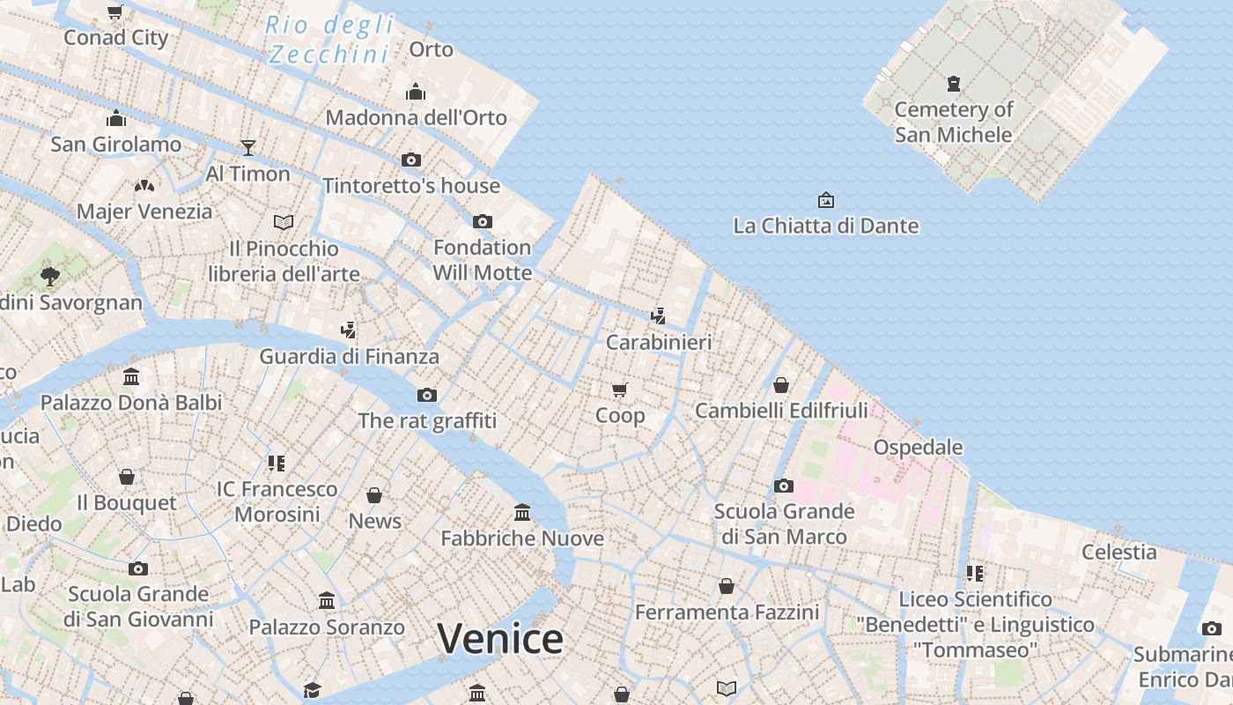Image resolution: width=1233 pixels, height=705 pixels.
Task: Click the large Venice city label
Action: (x=499, y=639)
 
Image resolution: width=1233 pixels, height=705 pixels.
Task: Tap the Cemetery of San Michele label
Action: (x=954, y=122)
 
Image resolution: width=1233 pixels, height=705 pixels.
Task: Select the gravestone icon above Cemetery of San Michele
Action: (x=953, y=84)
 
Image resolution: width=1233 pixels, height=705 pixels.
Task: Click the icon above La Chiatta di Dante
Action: (x=825, y=200)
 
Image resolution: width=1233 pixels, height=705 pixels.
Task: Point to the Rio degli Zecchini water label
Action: (x=329, y=40)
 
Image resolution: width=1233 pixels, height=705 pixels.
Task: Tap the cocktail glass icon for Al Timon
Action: (x=248, y=147)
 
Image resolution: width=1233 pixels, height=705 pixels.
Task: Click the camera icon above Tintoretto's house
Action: (x=410, y=160)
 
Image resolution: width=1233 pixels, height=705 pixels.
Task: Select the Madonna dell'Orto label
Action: (x=416, y=117)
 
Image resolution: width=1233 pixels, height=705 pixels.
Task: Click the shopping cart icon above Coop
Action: (x=620, y=389)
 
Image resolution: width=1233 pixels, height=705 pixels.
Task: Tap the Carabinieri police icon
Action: (x=658, y=315)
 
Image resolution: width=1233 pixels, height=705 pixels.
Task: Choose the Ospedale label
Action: (x=918, y=447)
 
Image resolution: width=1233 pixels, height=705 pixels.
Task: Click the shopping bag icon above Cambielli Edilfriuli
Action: (x=780, y=385)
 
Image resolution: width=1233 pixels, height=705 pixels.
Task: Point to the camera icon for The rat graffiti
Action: (x=427, y=395)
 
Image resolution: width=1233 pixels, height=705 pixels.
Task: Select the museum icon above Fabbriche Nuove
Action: (x=522, y=512)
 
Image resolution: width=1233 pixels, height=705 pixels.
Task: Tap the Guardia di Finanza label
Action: (x=349, y=357)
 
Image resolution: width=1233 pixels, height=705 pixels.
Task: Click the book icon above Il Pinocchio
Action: (x=284, y=222)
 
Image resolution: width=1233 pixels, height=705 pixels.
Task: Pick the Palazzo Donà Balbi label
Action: (x=131, y=403)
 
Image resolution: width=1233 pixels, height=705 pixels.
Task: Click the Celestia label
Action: (x=1119, y=552)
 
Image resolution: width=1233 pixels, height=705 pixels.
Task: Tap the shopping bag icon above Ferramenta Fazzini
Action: (x=727, y=586)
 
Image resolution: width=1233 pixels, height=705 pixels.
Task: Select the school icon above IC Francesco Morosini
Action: (x=277, y=463)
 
